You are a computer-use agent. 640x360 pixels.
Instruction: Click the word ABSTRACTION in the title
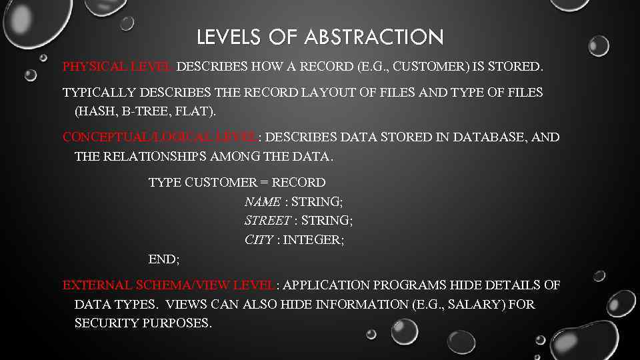[374, 37]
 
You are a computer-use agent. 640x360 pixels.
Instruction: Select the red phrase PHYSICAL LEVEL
[118, 67]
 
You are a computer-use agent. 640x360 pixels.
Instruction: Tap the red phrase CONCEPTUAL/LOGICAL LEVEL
[160, 137]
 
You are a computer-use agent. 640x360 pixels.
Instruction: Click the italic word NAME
[263, 201]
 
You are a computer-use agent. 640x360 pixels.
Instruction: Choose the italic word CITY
[259, 240]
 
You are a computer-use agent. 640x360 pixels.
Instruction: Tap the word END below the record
[163, 259]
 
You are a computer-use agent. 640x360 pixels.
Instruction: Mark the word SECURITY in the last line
[107, 323]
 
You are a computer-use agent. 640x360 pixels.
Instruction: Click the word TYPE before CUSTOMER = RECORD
[164, 183]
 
